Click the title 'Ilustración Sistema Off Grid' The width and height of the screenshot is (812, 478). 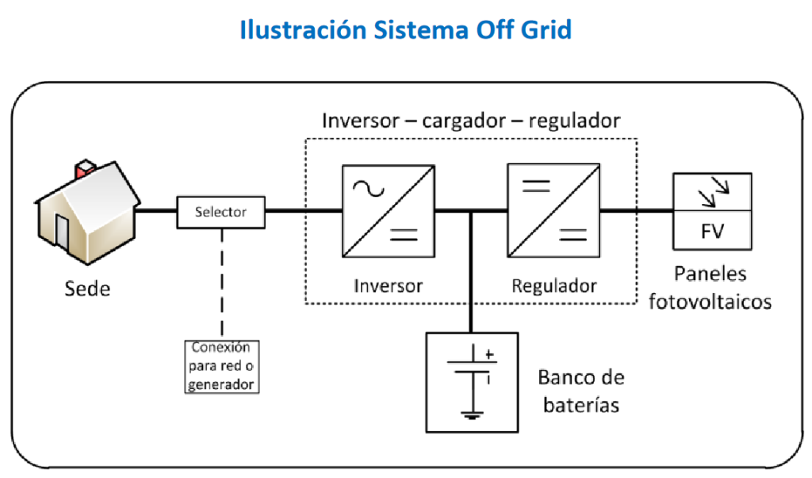[x=405, y=30]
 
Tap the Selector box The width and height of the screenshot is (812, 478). [x=220, y=212]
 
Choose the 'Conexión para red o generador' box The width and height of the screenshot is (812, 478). [x=221, y=366]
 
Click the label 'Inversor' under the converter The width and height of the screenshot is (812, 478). [x=389, y=285]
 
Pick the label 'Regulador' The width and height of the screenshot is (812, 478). [x=553, y=285]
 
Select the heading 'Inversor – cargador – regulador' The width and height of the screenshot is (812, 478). [x=471, y=121]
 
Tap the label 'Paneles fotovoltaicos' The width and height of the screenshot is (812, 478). [x=710, y=287]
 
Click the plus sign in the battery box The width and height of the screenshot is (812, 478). [x=489, y=355]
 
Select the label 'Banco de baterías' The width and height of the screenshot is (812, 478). [x=581, y=390]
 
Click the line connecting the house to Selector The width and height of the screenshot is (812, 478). [x=155, y=212]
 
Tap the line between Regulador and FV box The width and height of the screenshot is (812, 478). [x=636, y=212]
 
